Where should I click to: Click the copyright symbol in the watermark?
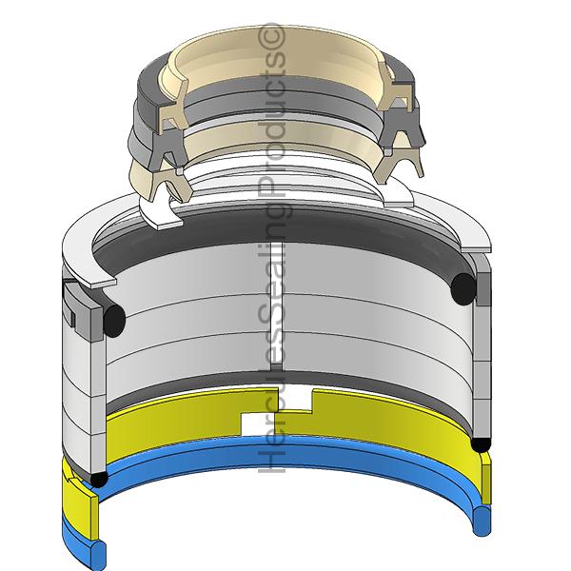click(x=271, y=36)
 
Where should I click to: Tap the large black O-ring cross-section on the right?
click(x=463, y=288)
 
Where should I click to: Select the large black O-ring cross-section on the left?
click(x=114, y=321)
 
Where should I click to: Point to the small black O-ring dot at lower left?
click(x=99, y=479)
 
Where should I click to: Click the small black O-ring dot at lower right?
click(x=481, y=444)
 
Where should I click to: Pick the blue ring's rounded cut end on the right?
click(x=482, y=521)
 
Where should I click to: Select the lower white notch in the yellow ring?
click(x=260, y=425)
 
